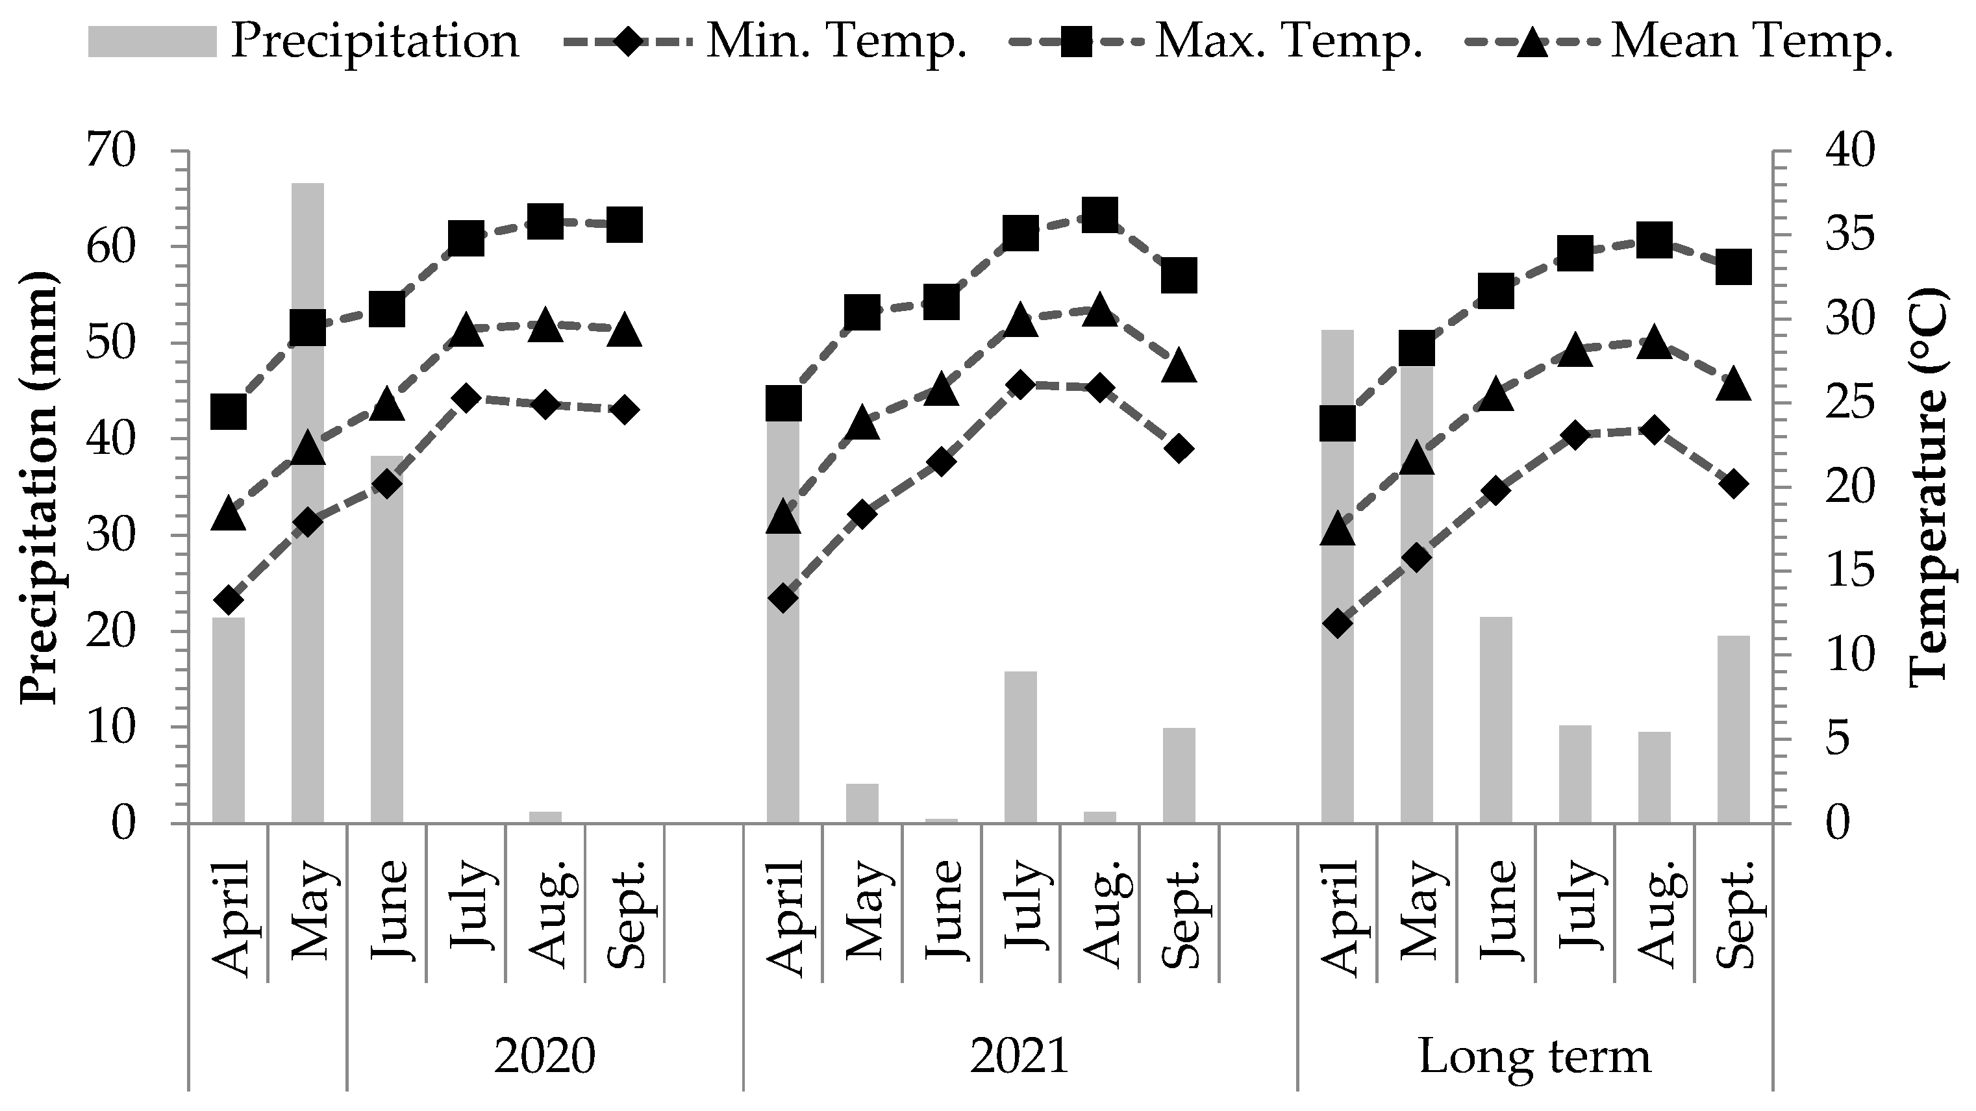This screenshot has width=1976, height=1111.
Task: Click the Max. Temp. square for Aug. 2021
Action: tap(1100, 216)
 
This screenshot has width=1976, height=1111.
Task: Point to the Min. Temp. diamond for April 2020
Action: tap(228, 599)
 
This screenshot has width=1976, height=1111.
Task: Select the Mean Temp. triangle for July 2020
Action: tap(466, 331)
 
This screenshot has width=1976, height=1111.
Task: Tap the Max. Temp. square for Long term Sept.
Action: tap(1734, 267)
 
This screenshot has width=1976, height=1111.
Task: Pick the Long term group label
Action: tap(1534, 1056)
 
